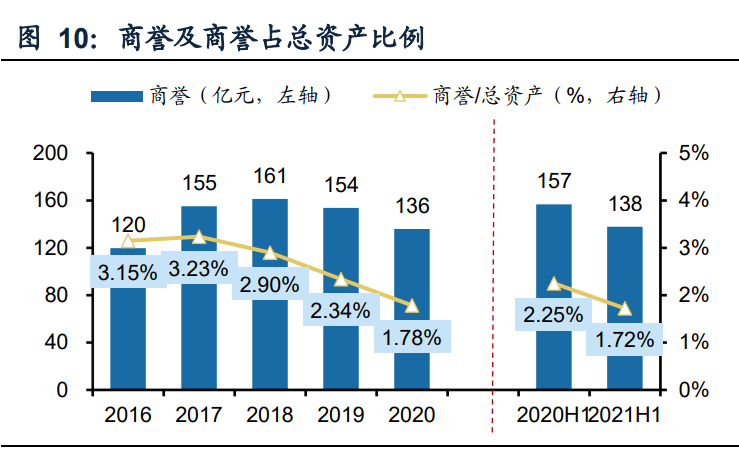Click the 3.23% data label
pyautogui.click(x=198, y=269)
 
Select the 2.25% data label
pyautogui.click(x=551, y=315)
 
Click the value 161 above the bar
pyautogui.click(x=270, y=177)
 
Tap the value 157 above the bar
pyautogui.click(x=554, y=182)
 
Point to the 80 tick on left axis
pyautogui.click(x=56, y=296)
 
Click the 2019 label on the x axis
pyautogui.click(x=341, y=414)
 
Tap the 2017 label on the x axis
pyautogui.click(x=198, y=414)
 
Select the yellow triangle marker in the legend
pyautogui.click(x=399, y=97)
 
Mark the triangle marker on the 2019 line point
pyautogui.click(x=341, y=280)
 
